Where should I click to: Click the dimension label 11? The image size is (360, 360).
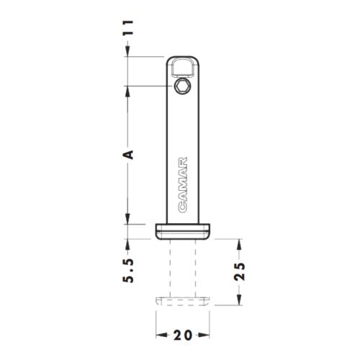[x=127, y=28]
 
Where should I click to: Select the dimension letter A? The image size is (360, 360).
[x=128, y=155]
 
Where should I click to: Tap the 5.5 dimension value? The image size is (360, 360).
[x=127, y=271]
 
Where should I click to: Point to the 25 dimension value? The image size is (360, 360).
[x=240, y=272]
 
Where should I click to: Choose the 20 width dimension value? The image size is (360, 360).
[x=183, y=335]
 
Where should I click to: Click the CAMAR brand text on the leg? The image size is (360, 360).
[x=183, y=185]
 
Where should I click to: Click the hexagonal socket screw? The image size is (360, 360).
[x=182, y=86]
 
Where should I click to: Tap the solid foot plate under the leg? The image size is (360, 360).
[x=183, y=231]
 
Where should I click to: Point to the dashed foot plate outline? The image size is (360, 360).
[x=183, y=301]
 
